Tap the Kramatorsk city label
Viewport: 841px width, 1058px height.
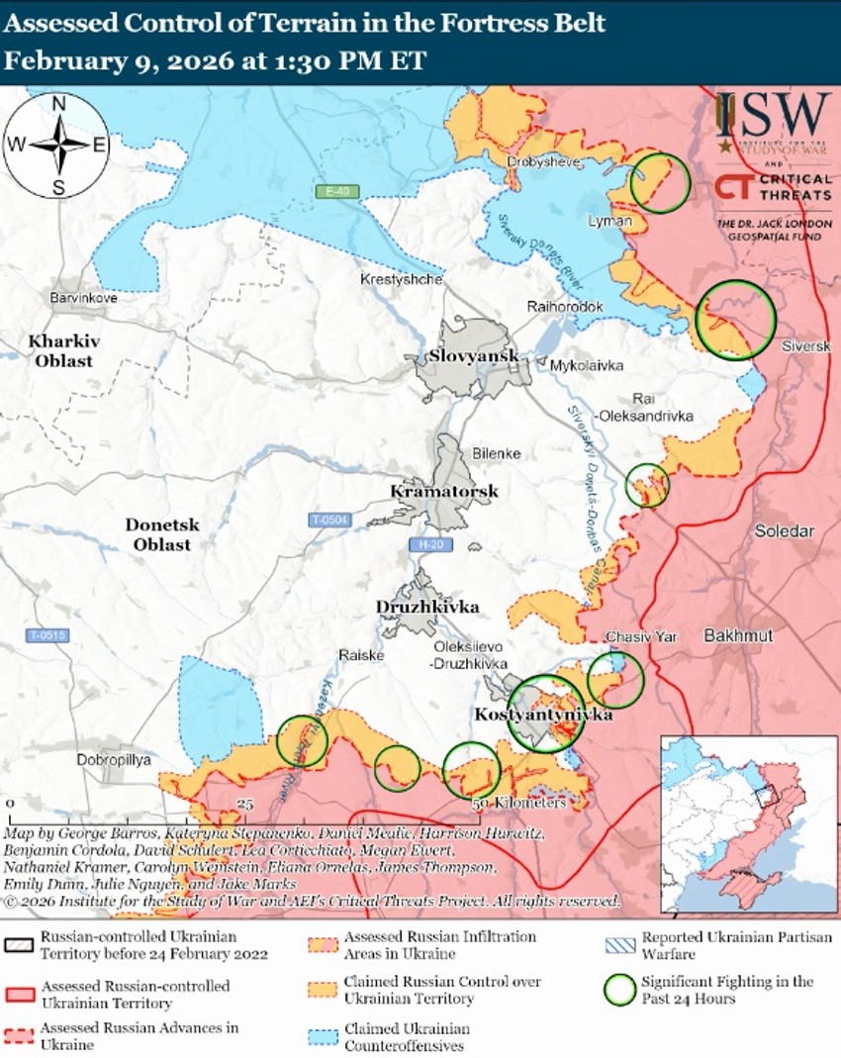click(444, 492)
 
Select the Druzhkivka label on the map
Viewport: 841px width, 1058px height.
click(427, 607)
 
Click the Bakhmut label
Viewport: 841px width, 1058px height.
click(737, 634)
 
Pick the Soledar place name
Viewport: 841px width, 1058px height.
click(785, 531)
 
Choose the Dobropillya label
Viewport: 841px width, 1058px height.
click(114, 760)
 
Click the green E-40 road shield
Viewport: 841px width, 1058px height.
click(335, 190)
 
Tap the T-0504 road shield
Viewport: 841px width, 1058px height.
click(330, 520)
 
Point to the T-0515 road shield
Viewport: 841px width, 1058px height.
click(48, 635)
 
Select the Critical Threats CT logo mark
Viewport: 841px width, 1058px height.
click(733, 187)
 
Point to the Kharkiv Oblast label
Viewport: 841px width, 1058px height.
click(65, 350)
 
